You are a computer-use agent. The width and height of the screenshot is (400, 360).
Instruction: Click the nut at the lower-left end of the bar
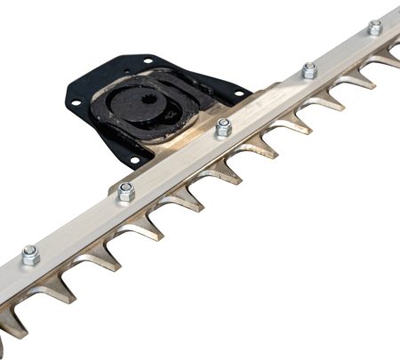tap(30, 255)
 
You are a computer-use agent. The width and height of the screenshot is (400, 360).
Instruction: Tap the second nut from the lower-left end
tap(126, 190)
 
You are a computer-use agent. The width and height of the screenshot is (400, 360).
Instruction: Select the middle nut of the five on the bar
tap(223, 127)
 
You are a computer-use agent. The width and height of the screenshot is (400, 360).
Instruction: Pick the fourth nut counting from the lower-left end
tap(309, 70)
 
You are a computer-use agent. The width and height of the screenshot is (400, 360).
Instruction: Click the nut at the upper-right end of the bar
tap(375, 28)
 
